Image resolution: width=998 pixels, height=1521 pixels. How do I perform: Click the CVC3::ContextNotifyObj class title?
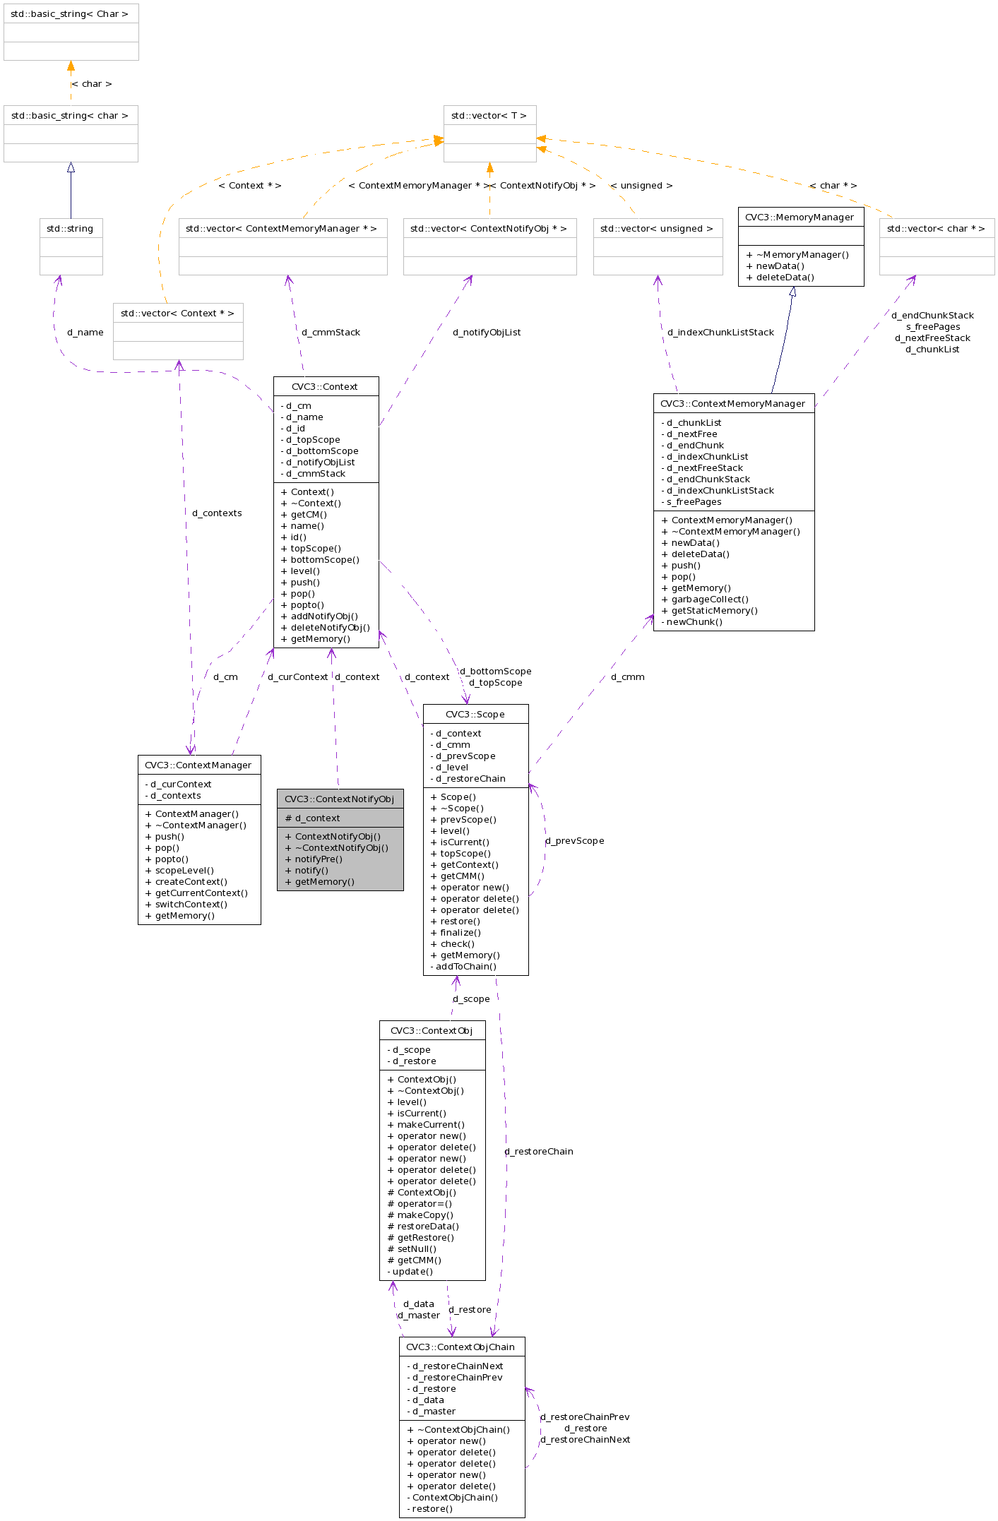[339, 799]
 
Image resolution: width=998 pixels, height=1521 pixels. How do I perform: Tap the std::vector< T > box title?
[489, 115]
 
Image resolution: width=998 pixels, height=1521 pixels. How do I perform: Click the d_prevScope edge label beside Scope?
[575, 841]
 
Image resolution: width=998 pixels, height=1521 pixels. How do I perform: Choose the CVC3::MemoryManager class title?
[800, 217]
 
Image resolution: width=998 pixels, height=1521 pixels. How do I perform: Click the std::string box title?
[70, 228]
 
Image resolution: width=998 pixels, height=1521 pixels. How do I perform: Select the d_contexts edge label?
[217, 513]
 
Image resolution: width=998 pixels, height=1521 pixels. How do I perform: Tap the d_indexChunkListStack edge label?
[720, 333]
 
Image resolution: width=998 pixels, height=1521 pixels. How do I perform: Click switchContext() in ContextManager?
[191, 905]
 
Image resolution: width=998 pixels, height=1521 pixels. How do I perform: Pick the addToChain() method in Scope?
[465, 967]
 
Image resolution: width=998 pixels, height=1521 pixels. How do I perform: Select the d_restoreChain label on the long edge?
[539, 1152]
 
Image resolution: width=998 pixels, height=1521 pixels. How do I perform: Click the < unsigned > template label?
[641, 186]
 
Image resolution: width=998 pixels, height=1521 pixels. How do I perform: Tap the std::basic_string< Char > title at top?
[70, 13]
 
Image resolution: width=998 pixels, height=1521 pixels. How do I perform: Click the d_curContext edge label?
[297, 677]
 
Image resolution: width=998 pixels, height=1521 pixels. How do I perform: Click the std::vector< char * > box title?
[935, 228]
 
